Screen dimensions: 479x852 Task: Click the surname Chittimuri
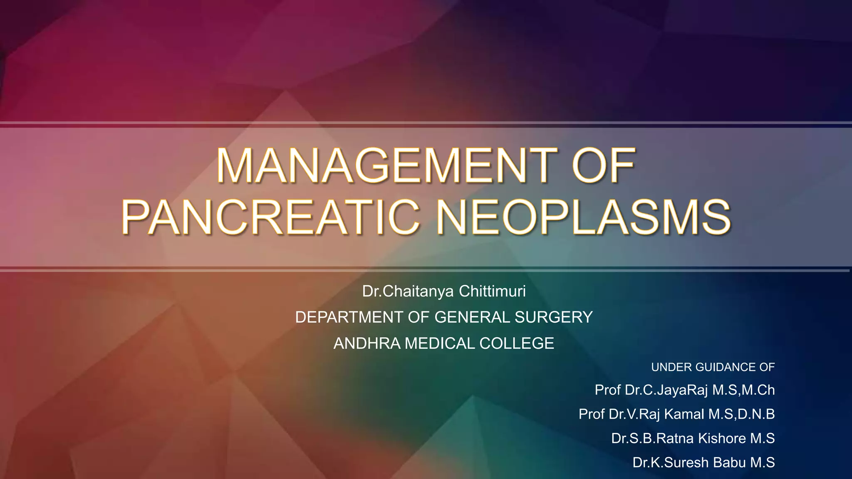tap(492, 291)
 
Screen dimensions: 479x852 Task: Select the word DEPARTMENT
tap(349, 317)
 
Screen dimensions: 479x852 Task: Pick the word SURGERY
tap(554, 317)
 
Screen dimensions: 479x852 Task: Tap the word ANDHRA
tap(367, 343)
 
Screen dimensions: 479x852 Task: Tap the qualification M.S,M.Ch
tap(743, 390)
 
